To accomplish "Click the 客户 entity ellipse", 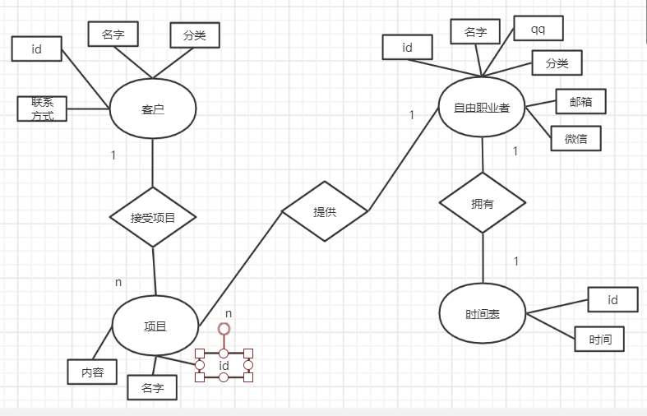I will (x=153, y=109).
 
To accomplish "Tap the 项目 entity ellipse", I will (x=155, y=326).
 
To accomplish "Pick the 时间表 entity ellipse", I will (x=483, y=314).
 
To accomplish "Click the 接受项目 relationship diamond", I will (x=153, y=217).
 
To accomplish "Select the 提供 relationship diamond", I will (x=324, y=211).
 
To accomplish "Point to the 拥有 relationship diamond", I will (x=483, y=203).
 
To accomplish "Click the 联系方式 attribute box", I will (x=42, y=109).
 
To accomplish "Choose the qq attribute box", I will (x=538, y=29).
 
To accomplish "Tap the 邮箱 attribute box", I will (x=580, y=101).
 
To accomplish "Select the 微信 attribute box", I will (x=576, y=138).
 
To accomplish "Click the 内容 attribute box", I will (x=92, y=372).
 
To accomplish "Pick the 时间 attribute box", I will (x=599, y=339).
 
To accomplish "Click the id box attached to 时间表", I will (x=612, y=300).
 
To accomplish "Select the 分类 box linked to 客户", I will (x=194, y=35).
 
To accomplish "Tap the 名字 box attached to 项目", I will (x=152, y=387).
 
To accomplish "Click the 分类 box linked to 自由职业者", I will (x=557, y=63).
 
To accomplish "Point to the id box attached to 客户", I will (x=36, y=49).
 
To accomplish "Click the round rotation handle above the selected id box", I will (x=224, y=329).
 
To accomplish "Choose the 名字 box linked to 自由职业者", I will (x=475, y=31).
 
